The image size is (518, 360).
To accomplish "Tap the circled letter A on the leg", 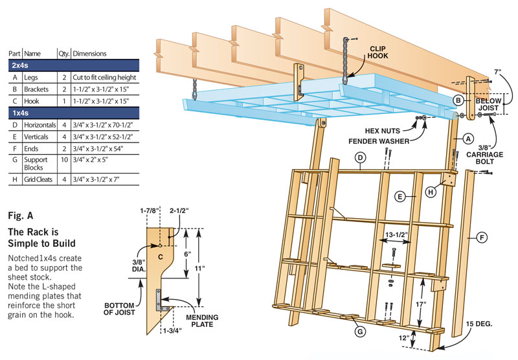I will pos(466,138).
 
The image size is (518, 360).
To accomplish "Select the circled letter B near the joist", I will pos(457,100).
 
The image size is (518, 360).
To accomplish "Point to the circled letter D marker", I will pos(361,157).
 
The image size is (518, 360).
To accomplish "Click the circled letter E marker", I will pos(401,196).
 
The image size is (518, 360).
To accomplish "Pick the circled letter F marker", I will pos(482,238).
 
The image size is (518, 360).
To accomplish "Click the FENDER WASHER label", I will pos(381,141).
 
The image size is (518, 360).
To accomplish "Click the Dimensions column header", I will pos(90,53).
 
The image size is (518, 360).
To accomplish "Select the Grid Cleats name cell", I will pos(38,179).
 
